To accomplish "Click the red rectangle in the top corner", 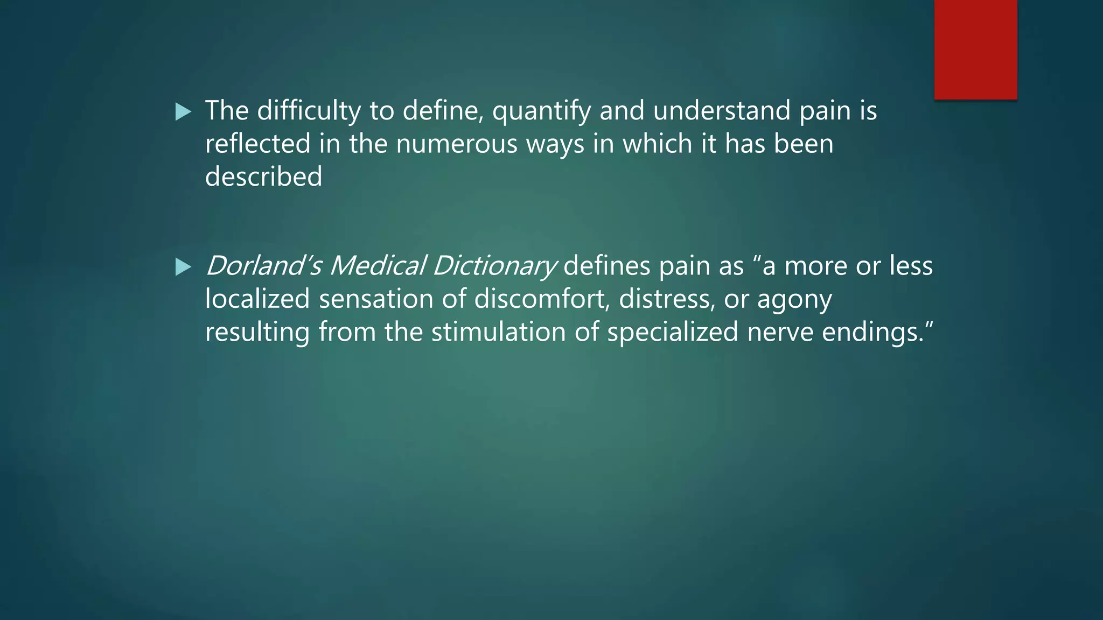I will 975,50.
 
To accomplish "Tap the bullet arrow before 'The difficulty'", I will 183,112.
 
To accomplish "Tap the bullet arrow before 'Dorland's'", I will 183,267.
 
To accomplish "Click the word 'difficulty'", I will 309,111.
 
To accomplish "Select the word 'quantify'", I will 541,112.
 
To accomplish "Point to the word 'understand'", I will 722,111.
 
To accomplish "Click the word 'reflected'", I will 258,144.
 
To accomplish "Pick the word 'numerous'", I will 456,144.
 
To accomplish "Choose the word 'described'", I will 263,177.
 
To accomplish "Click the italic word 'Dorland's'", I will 263,266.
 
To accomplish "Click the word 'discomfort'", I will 542,299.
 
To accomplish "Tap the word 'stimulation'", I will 498,332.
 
